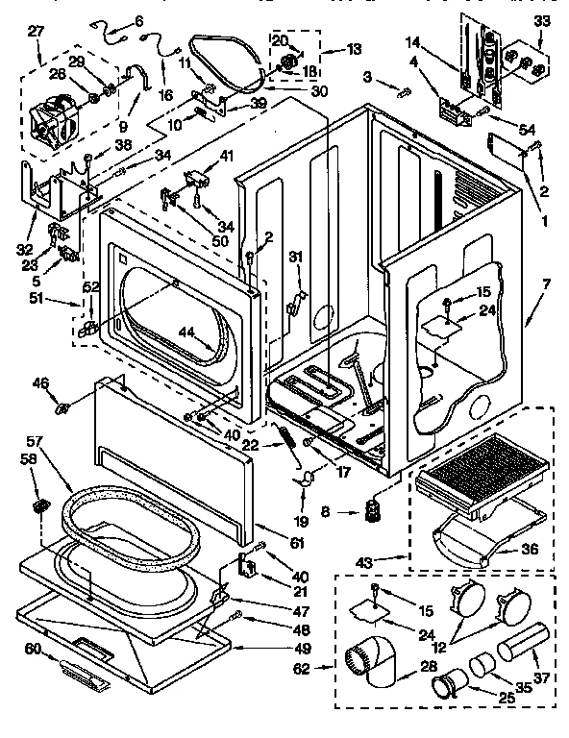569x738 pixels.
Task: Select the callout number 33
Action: pyautogui.click(x=543, y=21)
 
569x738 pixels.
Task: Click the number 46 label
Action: pyautogui.click(x=40, y=382)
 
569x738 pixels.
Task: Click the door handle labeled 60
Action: pyautogui.click(x=87, y=665)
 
